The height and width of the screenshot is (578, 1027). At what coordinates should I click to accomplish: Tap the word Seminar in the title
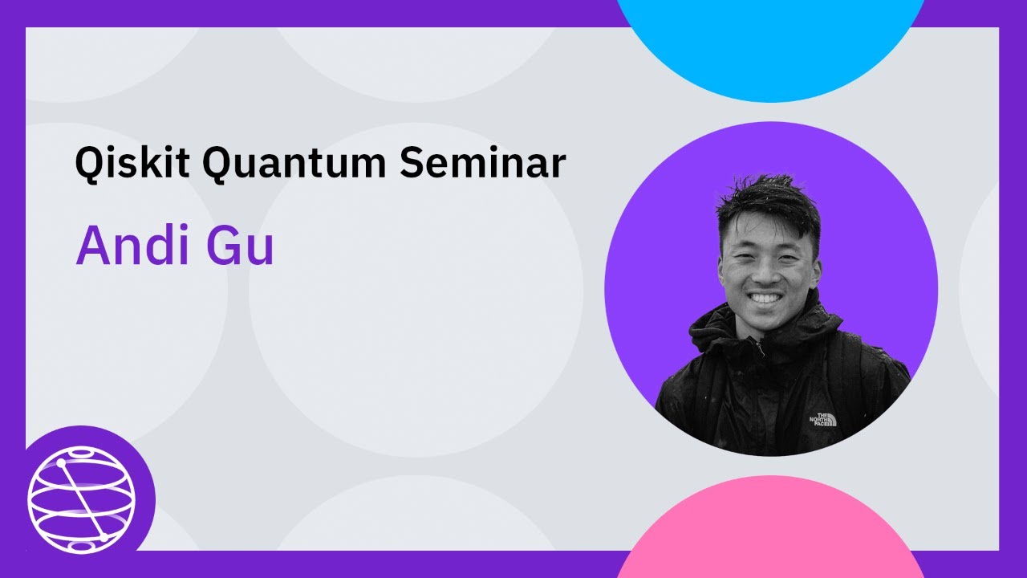[482, 165]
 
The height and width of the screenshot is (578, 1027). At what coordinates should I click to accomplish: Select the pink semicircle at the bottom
[770, 530]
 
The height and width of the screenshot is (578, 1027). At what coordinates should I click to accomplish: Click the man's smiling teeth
[764, 299]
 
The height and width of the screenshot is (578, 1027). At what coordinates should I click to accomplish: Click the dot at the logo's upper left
[60, 463]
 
